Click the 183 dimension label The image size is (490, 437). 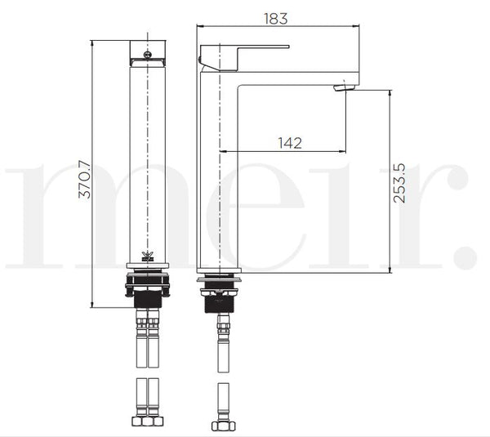coord(276,19)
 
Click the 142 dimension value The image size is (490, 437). coord(290,143)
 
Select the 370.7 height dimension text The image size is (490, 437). coord(84,180)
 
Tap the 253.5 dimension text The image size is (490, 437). coord(399,183)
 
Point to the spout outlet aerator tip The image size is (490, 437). coord(345,88)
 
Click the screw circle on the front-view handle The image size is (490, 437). coord(148,55)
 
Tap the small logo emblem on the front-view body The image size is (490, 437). coord(147,256)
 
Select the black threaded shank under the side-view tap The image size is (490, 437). coord(219,304)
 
